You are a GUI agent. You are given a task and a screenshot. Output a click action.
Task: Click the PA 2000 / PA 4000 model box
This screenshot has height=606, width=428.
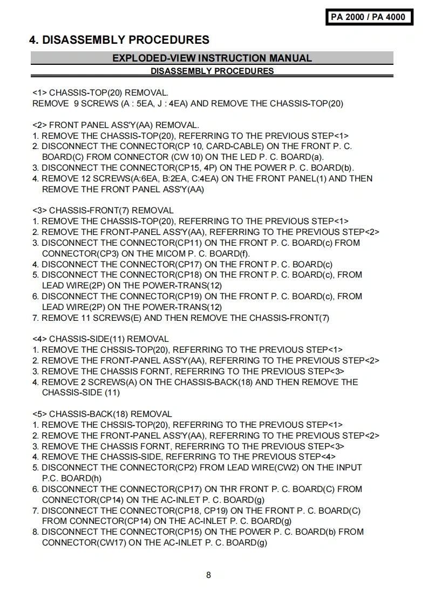368,17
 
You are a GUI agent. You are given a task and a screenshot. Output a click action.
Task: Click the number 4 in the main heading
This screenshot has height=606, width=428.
33,40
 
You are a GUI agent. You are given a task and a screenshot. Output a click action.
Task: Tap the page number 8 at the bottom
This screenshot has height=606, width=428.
208,575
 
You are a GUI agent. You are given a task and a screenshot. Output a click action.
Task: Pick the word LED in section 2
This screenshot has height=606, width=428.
255,157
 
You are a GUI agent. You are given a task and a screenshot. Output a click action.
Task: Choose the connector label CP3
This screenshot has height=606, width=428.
108,253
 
